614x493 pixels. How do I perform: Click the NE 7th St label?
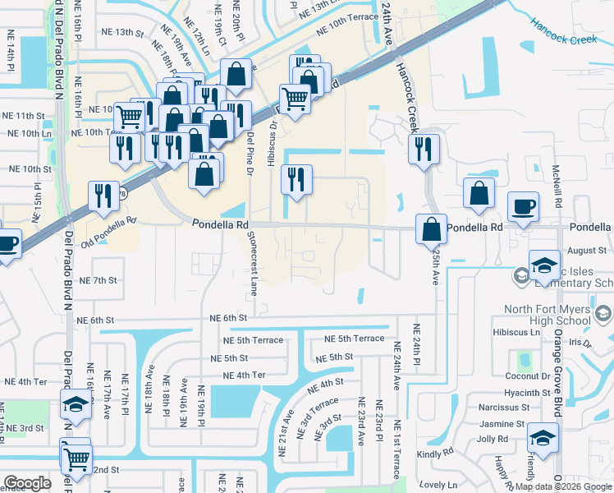[x=98, y=281]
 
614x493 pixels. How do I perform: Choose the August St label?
[x=586, y=250]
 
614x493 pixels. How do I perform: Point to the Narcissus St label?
[x=503, y=407]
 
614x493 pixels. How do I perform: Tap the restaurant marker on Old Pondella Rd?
[x=103, y=196]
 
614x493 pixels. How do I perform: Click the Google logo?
[x=28, y=483]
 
